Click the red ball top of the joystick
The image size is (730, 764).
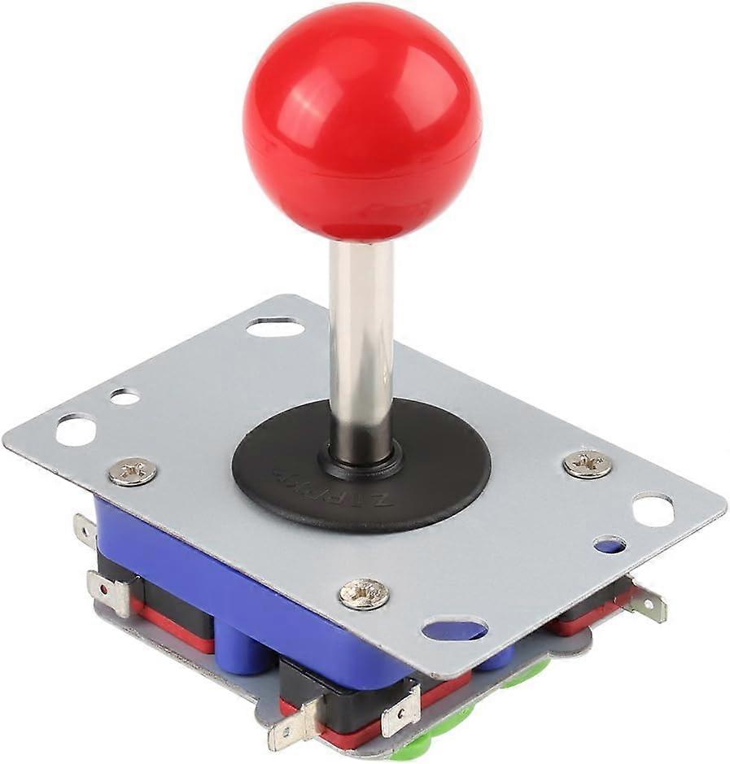pyautogui.click(x=362, y=122)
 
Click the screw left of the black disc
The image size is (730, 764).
pyautogui.click(x=133, y=471)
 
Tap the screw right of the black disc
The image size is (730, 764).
pyautogui.click(x=587, y=464)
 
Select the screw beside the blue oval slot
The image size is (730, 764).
pyautogui.click(x=364, y=593)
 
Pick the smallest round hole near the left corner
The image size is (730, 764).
pyautogui.click(x=125, y=397)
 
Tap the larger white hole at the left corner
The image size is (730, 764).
pyautogui.click(x=76, y=430)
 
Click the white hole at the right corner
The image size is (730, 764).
pyautogui.click(x=653, y=510)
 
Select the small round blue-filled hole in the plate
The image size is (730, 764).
pyautogui.click(x=610, y=544)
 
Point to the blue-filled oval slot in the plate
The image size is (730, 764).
pyautogui.click(x=455, y=629)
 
